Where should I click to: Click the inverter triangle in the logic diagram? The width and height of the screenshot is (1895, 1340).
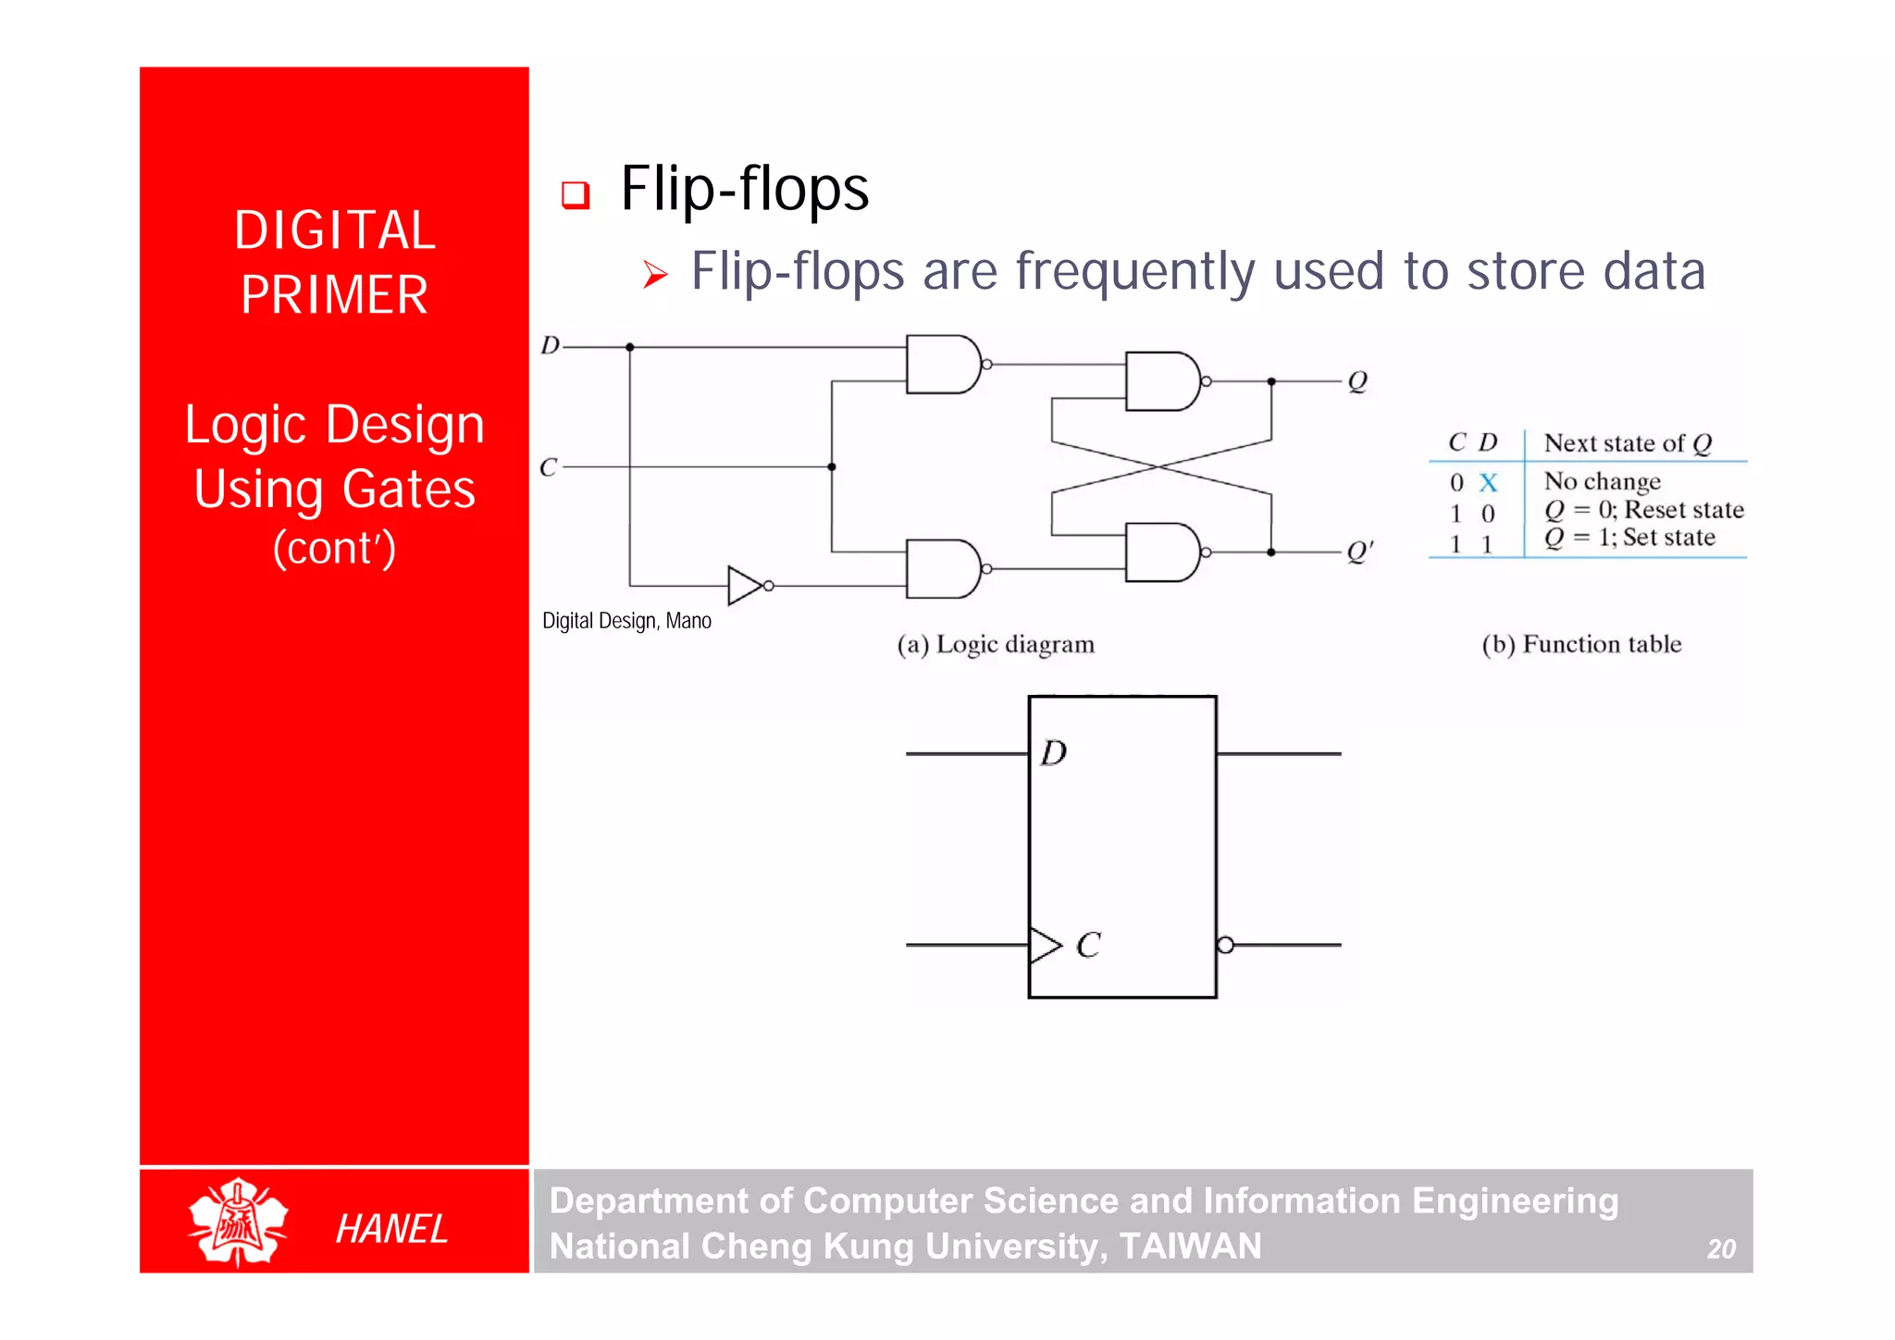point(744,585)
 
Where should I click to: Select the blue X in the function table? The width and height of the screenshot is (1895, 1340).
point(1488,482)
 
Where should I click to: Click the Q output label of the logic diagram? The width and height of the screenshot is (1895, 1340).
point(1357,381)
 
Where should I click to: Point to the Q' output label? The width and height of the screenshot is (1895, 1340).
point(1359,552)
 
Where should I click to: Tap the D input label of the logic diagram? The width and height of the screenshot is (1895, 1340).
point(551,346)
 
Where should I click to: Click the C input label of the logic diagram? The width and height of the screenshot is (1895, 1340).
point(549,467)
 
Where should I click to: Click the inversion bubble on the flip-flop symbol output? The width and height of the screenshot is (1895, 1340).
point(1225,945)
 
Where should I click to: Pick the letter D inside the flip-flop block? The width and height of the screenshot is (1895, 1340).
point(1054,753)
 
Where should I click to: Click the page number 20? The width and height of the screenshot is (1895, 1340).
point(1721,1249)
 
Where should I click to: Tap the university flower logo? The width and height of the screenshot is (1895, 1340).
point(238,1222)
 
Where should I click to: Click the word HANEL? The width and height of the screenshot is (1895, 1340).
point(391,1229)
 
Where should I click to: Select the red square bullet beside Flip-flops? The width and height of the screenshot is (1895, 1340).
point(576,194)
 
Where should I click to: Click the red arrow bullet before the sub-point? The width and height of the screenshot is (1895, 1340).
point(655,274)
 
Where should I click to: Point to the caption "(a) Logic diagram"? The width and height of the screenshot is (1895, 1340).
point(996,644)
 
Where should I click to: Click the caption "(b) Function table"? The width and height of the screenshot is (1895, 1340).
point(1581,644)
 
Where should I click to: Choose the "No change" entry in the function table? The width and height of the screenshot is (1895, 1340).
point(1602,481)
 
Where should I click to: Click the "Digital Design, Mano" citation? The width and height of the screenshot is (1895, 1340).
point(626,621)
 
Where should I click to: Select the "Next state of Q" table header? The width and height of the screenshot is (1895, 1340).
point(1628,443)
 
